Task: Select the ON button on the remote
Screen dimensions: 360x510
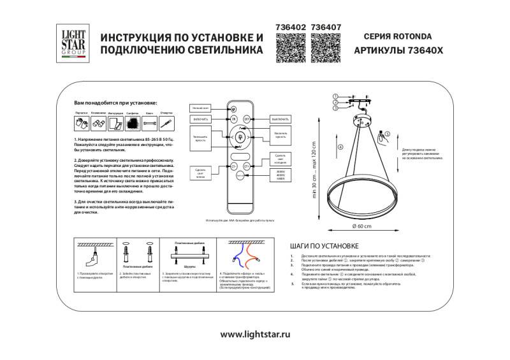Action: point(233,119)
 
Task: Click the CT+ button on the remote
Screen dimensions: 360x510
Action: point(246,166)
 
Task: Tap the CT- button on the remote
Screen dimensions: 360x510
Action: point(233,166)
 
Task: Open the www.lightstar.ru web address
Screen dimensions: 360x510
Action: point(254,333)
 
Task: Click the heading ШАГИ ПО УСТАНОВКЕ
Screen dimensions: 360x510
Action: point(324,245)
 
